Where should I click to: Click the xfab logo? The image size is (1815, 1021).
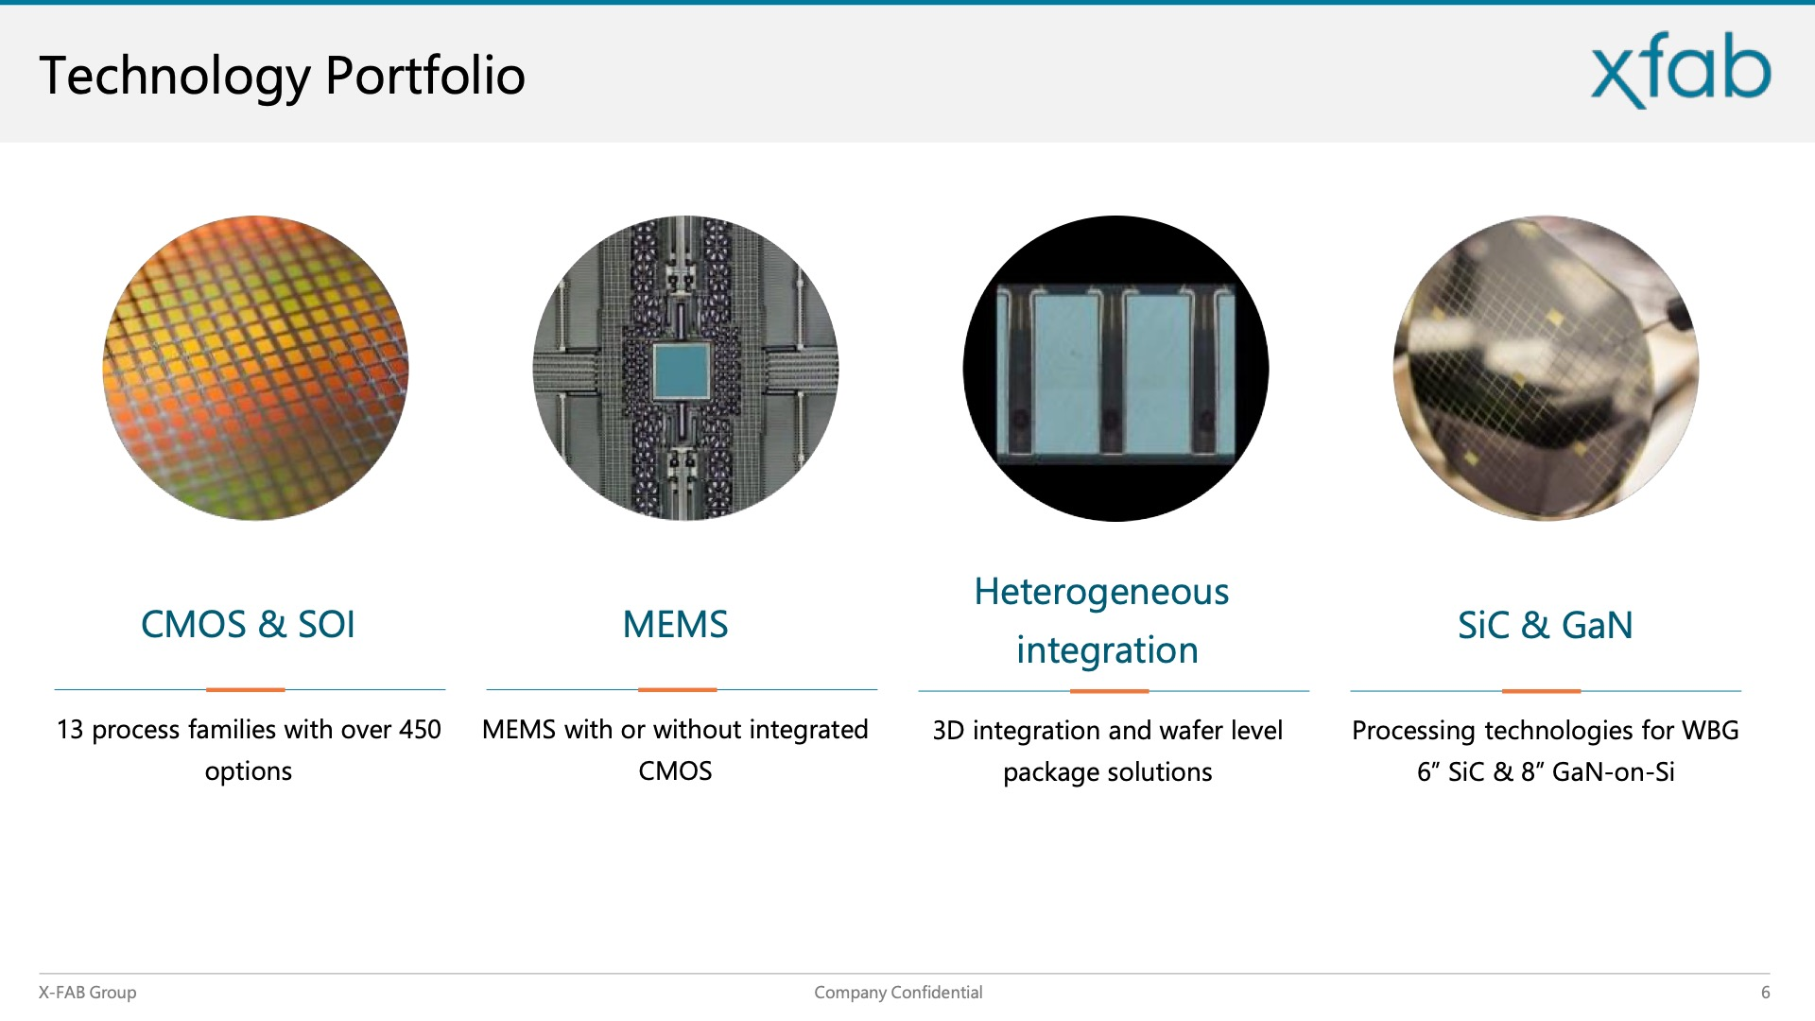pos(1681,70)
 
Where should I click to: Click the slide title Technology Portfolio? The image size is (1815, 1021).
pos(282,76)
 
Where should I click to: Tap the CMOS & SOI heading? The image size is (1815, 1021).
pos(248,624)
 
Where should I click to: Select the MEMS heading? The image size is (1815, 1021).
pos(675,624)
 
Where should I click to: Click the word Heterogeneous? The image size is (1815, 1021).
pos(1101,593)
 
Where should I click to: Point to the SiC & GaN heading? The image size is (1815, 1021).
pos(1545,625)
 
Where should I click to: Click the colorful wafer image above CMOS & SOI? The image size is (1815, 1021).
pos(255,368)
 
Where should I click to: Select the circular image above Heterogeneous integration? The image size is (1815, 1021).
pos(1115,368)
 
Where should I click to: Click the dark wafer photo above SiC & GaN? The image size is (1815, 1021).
pos(1546,368)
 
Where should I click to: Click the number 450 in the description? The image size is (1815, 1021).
pos(420,730)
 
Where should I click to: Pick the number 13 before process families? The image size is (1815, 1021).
pos(70,730)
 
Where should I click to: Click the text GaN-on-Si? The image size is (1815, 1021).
pos(1613,772)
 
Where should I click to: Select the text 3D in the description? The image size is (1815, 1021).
pos(948,731)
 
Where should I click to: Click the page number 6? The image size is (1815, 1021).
pos(1765,993)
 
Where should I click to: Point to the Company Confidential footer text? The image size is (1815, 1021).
pos(898,993)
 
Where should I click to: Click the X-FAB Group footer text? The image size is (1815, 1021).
pos(87,993)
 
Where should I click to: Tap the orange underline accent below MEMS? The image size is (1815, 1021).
pos(677,690)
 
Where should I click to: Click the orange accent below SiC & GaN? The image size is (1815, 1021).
pos(1541,691)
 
